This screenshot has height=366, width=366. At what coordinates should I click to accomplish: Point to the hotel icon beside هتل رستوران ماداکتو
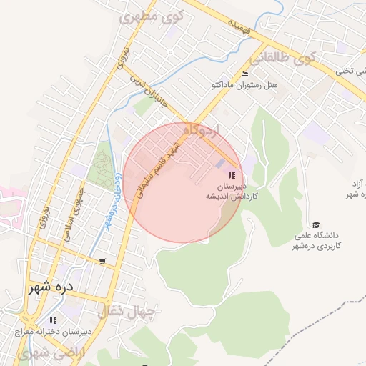click(245, 74)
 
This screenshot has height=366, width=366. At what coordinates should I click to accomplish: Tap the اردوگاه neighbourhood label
click(204, 131)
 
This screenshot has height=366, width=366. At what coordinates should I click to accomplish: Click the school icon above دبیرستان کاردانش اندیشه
click(231, 175)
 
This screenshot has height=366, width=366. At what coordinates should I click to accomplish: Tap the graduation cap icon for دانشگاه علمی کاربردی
click(317, 224)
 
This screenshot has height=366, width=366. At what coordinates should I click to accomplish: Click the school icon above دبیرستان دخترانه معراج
click(52, 320)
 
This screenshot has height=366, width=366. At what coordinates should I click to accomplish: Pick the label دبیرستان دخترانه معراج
click(52, 332)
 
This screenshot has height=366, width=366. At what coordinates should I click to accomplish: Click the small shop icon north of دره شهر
click(104, 262)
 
